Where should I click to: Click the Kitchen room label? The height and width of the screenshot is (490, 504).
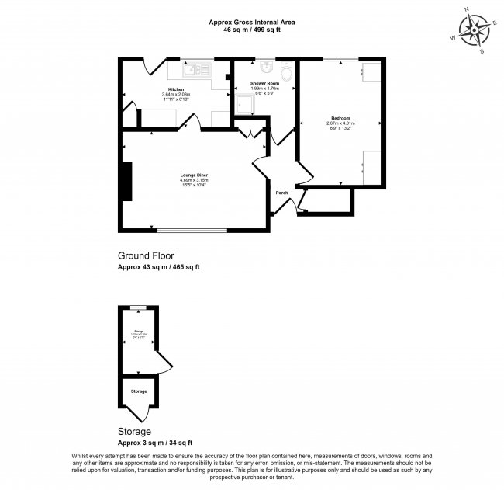pos(176,89)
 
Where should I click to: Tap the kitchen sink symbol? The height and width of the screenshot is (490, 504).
pos(194,70)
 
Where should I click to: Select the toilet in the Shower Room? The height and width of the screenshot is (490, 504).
pos(288,73)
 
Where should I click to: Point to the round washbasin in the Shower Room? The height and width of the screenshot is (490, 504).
pos(265,67)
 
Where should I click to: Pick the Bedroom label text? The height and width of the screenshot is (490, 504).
pos(340,118)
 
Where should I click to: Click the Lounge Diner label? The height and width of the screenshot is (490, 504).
pos(194,175)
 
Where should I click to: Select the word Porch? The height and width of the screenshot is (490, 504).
pos(282,193)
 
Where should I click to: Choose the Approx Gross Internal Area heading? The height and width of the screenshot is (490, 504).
pos(252,23)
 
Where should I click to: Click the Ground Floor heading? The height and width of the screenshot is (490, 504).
pos(145,255)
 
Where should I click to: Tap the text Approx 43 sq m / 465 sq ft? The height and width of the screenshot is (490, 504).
pos(158,267)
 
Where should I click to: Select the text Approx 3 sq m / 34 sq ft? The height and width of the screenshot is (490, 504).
pos(154,443)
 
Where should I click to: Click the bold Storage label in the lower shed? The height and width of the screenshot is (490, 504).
pos(138,391)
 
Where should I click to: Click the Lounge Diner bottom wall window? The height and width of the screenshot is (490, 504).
pos(193,230)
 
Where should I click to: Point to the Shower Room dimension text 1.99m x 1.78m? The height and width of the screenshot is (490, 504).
pos(264,88)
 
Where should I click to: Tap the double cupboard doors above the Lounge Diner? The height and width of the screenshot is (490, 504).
pos(250,134)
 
